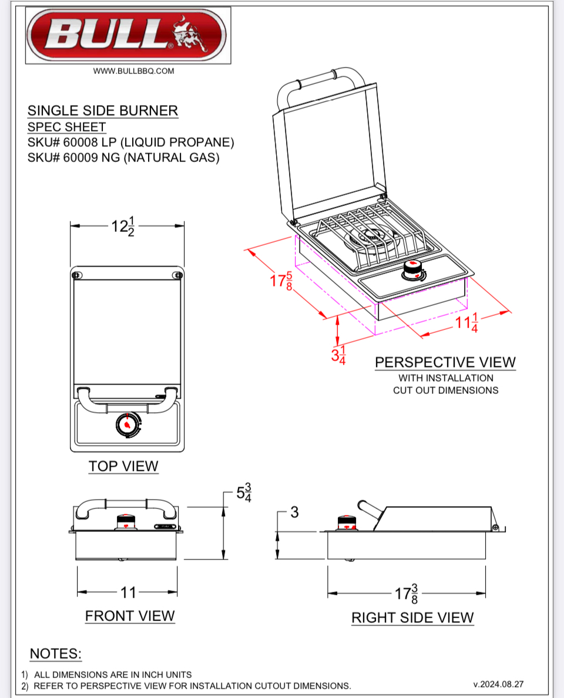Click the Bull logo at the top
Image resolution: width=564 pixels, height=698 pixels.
point(127,35)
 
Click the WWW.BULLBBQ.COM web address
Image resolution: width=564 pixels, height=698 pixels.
point(134,71)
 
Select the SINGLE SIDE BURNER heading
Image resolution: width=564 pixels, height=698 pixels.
point(103,110)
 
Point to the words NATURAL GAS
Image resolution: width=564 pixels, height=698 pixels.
point(170,158)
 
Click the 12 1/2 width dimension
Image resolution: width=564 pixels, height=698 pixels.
point(123,225)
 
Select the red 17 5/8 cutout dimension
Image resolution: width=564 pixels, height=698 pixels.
point(281,281)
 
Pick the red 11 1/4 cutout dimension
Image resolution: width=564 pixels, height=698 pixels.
point(467,323)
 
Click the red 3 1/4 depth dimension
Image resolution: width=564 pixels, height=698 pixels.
point(338,355)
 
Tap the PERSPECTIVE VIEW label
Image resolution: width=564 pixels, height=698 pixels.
point(445,362)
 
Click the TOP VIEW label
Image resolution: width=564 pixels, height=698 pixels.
point(123,466)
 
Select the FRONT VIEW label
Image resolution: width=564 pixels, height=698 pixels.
point(130,616)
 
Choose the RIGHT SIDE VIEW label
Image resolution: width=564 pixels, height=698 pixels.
point(412,618)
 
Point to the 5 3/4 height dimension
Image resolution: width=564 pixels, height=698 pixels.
point(244,493)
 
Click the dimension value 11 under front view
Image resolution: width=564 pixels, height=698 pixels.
point(128,592)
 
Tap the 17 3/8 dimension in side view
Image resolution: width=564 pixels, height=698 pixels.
point(407,593)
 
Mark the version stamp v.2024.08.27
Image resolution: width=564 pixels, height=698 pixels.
point(498,684)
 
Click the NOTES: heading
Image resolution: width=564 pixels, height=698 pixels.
point(56,654)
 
